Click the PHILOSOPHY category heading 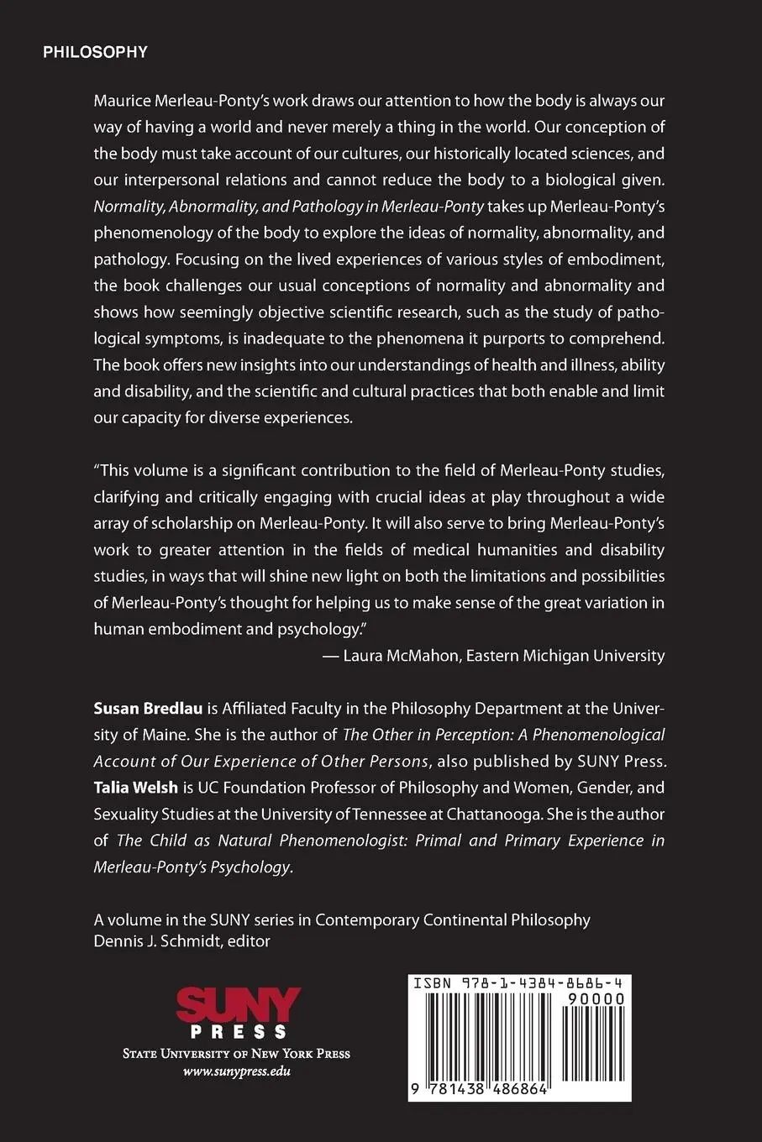click(x=95, y=53)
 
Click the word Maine click(x=163, y=735)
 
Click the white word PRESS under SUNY click(x=239, y=1032)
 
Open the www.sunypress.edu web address click(x=237, y=1071)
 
